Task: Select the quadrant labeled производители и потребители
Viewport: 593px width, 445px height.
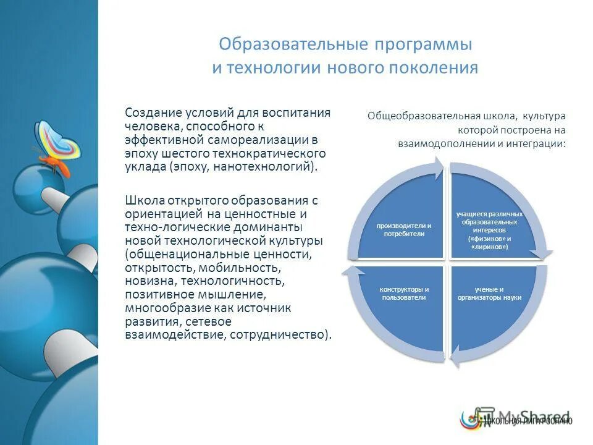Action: (x=404, y=229)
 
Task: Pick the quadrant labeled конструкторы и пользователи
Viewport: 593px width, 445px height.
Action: (x=404, y=293)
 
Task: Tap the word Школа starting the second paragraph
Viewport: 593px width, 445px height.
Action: (x=143, y=200)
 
